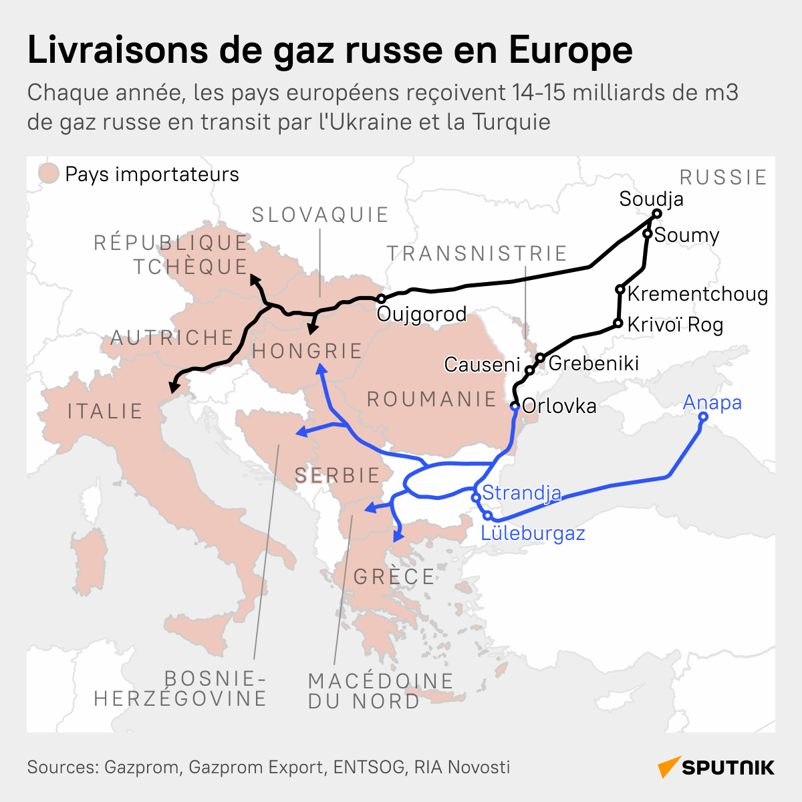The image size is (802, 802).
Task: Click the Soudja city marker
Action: point(656,214)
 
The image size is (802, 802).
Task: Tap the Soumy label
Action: point(686,235)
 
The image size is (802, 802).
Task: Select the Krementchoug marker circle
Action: point(620,289)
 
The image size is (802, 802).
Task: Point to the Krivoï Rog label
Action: point(675,325)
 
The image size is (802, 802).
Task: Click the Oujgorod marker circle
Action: point(381,299)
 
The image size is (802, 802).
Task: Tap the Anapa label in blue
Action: point(712,402)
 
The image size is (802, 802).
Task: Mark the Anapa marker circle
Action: point(703,416)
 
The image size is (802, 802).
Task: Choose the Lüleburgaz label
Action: point(533,533)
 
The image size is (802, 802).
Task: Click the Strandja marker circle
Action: point(476,497)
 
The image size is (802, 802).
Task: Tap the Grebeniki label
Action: point(593,363)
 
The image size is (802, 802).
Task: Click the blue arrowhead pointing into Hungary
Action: point(320,369)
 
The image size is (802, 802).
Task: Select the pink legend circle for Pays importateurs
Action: point(48,174)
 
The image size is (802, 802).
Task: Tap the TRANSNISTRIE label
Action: point(477,253)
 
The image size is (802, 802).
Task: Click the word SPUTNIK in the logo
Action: point(728,767)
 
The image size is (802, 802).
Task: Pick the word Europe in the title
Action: point(570,50)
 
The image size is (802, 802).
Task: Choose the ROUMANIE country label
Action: point(432,399)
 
